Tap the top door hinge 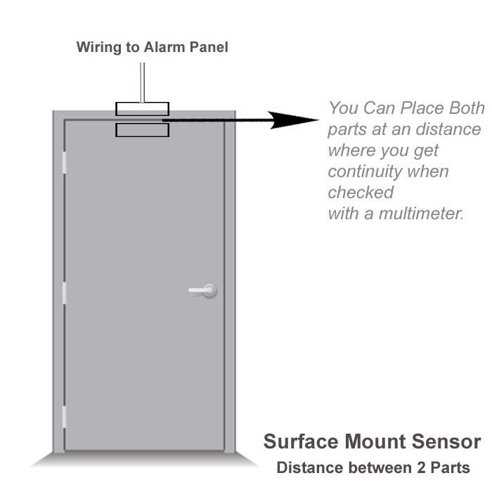coord(64,162)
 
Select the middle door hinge coord(64,293)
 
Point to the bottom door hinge coord(64,417)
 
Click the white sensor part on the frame coord(142,109)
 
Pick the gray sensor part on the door coord(142,130)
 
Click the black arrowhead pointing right coord(292,120)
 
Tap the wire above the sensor coord(142,82)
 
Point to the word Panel coord(209,47)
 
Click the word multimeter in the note coord(421,214)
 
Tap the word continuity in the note coord(365,172)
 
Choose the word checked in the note coord(361,192)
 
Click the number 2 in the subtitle coord(421,467)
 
